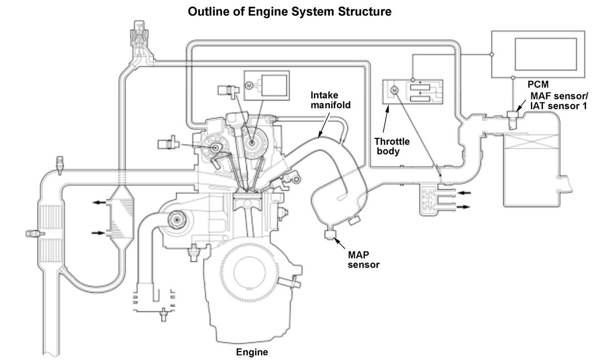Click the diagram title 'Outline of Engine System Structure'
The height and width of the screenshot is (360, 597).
coord(290,12)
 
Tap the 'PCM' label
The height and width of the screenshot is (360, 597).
coord(538,85)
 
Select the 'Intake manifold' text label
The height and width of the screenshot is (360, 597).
coord(330,100)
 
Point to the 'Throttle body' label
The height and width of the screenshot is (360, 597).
coord(392,146)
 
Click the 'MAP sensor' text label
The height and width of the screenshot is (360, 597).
coord(364,260)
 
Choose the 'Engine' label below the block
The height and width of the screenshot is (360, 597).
coord(252,352)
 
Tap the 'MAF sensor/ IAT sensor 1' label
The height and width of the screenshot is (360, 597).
coord(559,101)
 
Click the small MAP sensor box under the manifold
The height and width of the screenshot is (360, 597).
coord(330,234)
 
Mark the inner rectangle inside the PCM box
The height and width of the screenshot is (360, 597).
coord(546,54)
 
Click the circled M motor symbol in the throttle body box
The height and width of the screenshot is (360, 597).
coord(395,90)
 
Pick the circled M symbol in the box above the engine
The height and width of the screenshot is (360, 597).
coord(249,86)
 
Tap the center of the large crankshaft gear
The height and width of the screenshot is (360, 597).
coord(249,272)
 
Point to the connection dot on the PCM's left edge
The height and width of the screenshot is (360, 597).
coord(492,54)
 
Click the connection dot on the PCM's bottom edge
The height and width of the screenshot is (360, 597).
coord(513,78)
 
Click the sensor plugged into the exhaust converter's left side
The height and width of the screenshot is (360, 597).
coord(35,234)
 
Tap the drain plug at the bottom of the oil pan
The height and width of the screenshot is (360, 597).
coord(164,315)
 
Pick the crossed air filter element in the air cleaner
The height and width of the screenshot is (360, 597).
coord(531,142)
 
